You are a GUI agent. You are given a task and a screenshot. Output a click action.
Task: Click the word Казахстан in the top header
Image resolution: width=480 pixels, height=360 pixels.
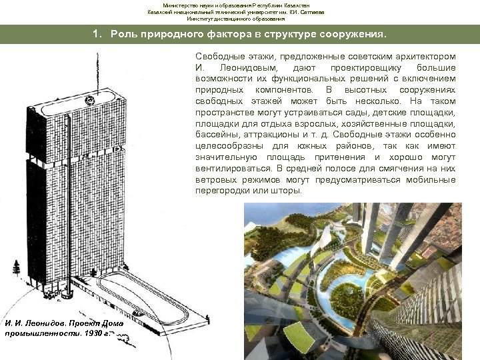[x=309, y=5]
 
